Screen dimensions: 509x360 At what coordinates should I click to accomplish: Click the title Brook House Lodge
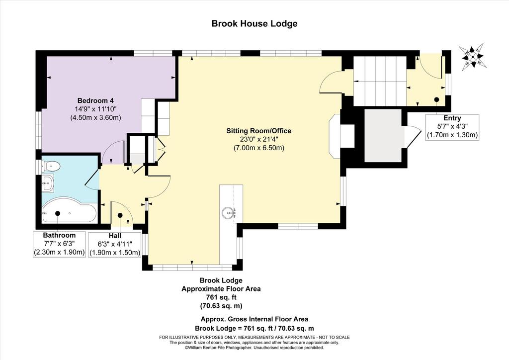tap(254, 24)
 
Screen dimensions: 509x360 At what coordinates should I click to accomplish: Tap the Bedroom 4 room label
tap(95, 100)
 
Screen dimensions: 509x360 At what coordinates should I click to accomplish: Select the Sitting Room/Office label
tap(258, 131)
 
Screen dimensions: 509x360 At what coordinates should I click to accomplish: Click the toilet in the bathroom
tap(51, 167)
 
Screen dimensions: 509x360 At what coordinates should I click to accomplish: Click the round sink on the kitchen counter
tap(229, 213)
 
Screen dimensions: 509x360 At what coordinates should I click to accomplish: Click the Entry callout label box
tap(452, 127)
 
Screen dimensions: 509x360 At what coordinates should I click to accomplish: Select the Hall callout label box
tap(115, 244)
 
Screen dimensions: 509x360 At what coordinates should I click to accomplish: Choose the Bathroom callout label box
tap(60, 244)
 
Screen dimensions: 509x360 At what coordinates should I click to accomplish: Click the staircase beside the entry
tap(380, 81)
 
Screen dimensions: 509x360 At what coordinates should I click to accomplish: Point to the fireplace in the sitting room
tap(338, 136)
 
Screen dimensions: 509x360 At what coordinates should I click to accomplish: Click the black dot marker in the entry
tap(436, 99)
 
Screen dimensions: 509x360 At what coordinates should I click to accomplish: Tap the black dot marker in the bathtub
tap(58, 213)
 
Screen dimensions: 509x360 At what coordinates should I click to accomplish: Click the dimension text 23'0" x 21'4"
tap(258, 140)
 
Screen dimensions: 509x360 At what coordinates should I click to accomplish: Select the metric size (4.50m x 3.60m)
tap(95, 117)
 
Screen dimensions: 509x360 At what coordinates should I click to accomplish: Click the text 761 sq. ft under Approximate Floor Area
tap(221, 297)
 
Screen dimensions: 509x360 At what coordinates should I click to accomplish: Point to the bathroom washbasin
tap(48, 183)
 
